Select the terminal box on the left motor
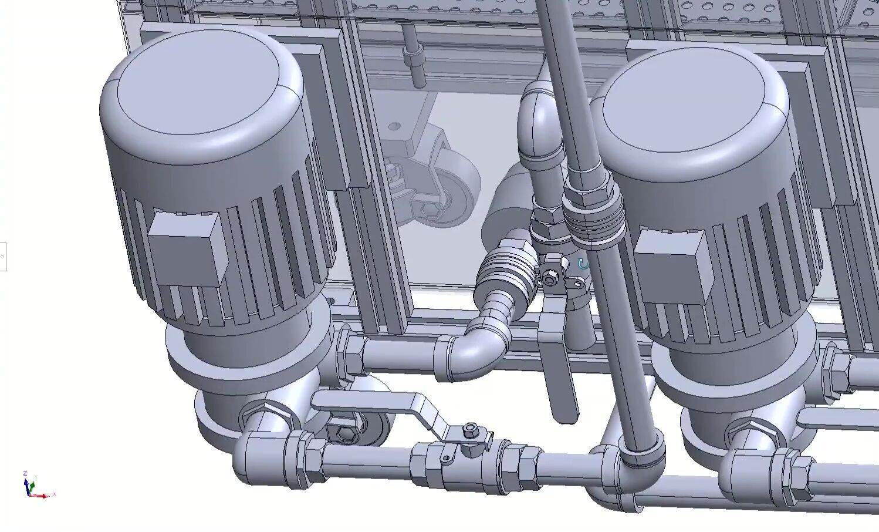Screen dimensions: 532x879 [x=187, y=246]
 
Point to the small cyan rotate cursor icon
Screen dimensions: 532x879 [x=583, y=264]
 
